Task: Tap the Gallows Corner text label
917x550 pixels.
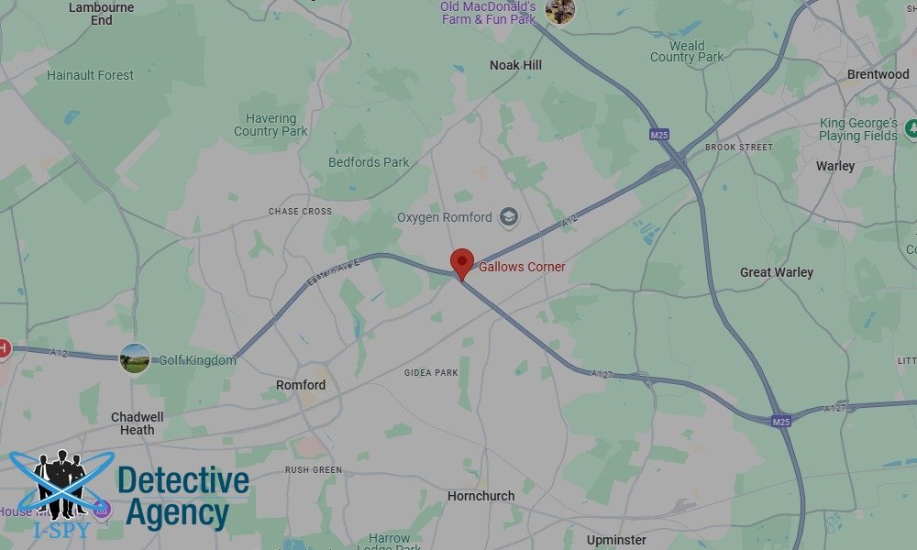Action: [x=522, y=268]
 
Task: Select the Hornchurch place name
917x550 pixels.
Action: [x=481, y=496]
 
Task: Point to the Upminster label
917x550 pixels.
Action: [x=615, y=540]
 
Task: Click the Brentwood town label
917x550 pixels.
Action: [x=878, y=74]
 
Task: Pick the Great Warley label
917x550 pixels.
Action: [x=776, y=272]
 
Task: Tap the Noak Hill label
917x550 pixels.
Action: [x=516, y=65]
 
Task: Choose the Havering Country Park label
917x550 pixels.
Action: [x=271, y=125]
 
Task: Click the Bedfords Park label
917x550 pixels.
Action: [x=369, y=162]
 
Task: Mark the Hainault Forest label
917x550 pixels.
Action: [x=90, y=75]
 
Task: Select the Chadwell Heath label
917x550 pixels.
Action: [x=138, y=423]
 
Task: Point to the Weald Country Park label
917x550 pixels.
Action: [x=687, y=51]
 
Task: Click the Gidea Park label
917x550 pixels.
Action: [x=431, y=373]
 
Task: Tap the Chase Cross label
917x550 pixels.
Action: [x=300, y=212]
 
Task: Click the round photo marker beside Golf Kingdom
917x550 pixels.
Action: [x=135, y=358]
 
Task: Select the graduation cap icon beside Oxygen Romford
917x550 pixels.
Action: [x=508, y=218]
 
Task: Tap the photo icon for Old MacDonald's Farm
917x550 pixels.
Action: [x=559, y=11]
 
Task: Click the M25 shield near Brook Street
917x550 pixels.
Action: [x=658, y=135]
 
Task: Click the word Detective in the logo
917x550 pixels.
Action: [x=183, y=480]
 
